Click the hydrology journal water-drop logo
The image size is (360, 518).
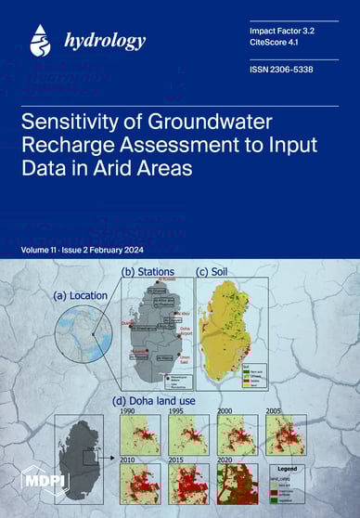[x=40, y=39]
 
